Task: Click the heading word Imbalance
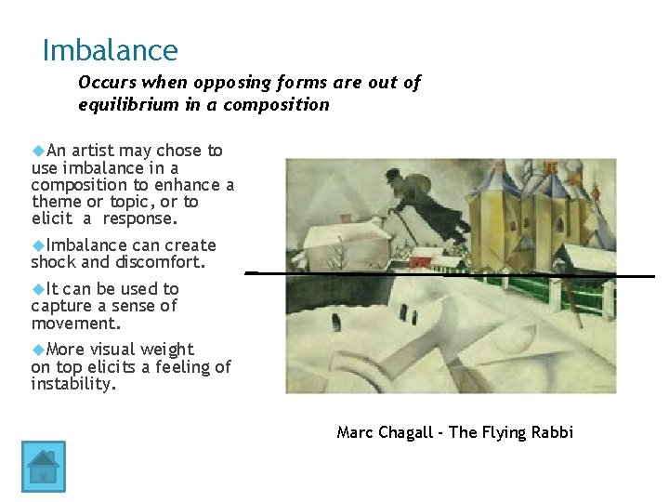click(110, 50)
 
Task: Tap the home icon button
click(43, 466)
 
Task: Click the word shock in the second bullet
click(52, 262)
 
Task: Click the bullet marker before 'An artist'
click(38, 150)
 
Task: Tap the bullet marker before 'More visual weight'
click(38, 349)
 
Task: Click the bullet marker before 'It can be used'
click(38, 288)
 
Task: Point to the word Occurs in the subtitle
click(107, 83)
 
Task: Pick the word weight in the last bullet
click(167, 350)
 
